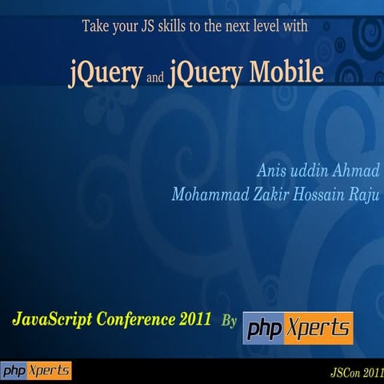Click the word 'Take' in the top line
(x=97, y=26)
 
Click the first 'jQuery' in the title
(x=106, y=73)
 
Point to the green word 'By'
(x=229, y=321)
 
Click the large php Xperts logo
(x=298, y=326)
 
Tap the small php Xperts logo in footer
(x=36, y=371)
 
